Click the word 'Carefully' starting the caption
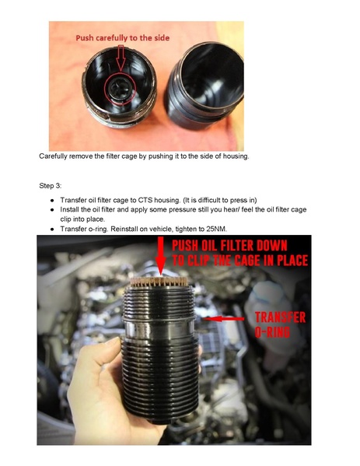point(55,156)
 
